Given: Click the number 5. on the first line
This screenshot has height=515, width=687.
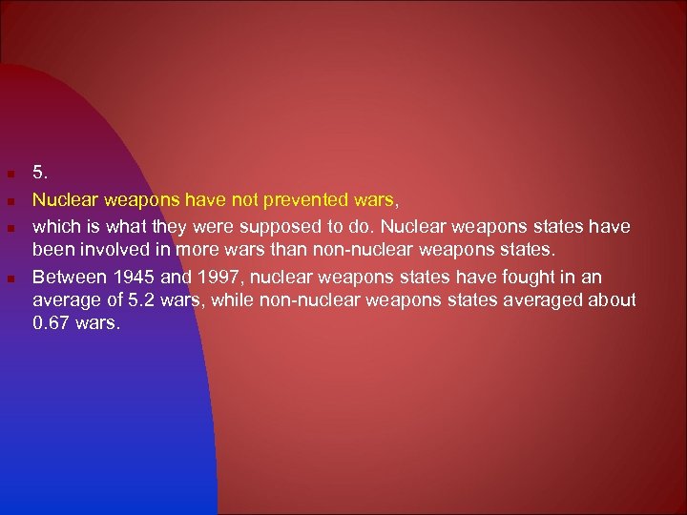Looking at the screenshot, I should coord(39,173).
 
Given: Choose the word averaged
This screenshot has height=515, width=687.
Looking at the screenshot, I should coord(552,300).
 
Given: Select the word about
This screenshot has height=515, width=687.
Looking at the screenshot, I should coord(615,300).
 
